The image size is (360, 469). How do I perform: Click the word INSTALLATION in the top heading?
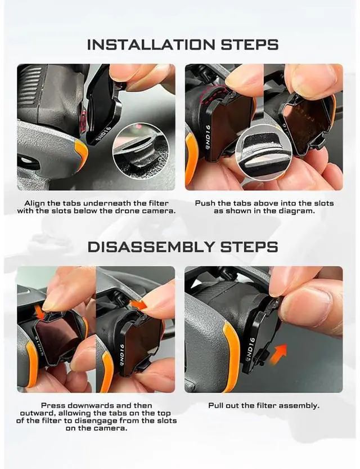(151, 44)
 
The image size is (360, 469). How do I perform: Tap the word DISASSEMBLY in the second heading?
(151, 247)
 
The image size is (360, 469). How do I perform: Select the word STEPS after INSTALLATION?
(250, 44)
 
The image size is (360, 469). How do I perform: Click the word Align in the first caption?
(35, 203)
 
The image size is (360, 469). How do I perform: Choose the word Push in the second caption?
(205, 203)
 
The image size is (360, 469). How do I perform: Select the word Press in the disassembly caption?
(52, 405)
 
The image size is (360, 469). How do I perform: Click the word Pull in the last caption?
(215, 405)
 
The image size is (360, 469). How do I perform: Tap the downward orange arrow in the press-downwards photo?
(40, 312)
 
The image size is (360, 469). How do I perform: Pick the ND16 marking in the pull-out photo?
(250, 349)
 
